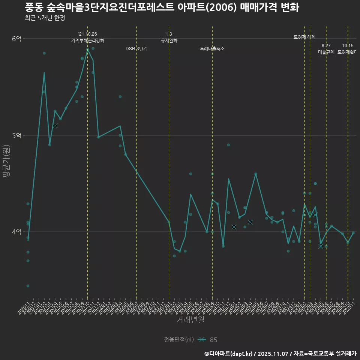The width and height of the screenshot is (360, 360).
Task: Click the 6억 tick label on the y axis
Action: coord(17,39)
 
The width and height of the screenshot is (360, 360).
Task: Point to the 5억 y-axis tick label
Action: coord(17,135)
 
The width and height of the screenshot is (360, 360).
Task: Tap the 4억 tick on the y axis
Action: coord(17,232)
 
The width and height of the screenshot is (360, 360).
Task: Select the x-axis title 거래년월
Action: coord(190,320)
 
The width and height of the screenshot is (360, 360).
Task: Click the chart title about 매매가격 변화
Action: coord(162,7)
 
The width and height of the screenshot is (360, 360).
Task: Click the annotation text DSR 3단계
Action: coord(136,49)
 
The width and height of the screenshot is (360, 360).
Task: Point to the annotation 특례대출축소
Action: coord(212,49)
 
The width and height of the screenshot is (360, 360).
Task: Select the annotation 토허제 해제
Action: coord(304,37)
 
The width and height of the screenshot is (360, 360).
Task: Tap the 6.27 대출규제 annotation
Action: coord(326,49)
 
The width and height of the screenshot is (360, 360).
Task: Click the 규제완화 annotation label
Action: coord(169,40)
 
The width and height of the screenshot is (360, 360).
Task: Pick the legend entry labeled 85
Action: coord(213,340)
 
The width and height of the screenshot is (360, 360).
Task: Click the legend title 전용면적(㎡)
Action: coord(179,340)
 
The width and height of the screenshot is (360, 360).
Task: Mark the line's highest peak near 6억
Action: coord(88,49)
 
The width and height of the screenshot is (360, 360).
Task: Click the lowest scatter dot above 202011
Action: coord(28,286)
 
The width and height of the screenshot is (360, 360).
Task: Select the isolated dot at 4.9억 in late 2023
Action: coord(228,145)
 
